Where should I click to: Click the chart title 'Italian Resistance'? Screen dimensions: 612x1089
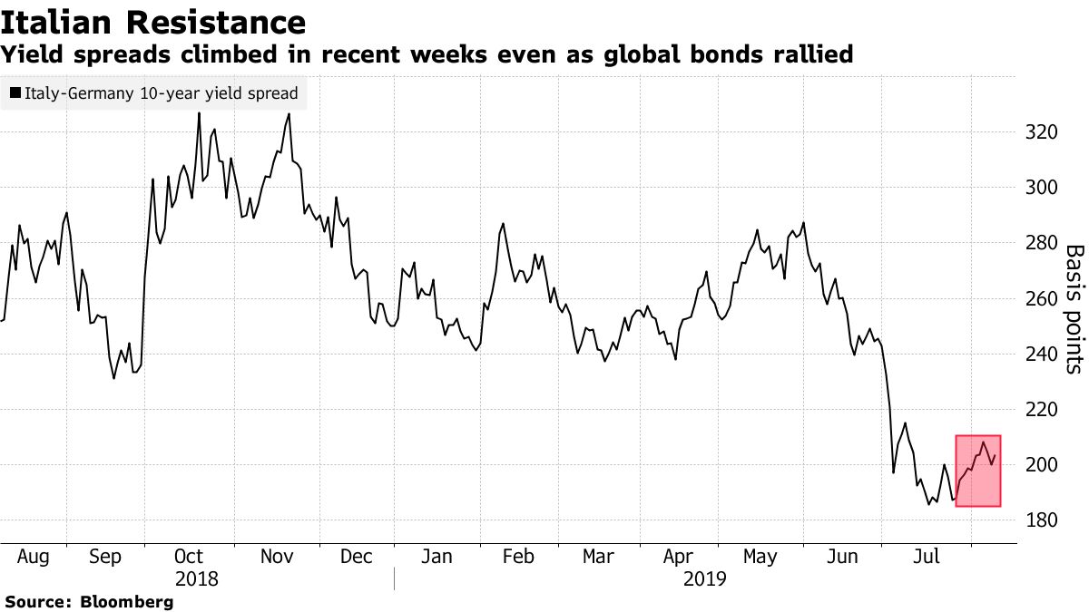pos(153,21)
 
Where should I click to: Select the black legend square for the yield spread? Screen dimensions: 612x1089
pos(15,92)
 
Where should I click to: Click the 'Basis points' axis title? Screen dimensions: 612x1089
pos(1074,309)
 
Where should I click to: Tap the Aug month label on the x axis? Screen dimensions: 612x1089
pos(33,556)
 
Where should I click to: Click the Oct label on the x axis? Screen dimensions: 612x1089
pos(188,556)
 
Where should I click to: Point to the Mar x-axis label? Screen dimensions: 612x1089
pos(598,556)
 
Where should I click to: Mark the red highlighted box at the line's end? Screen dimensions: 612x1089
pos(977,471)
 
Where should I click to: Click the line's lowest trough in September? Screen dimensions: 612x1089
pos(113,378)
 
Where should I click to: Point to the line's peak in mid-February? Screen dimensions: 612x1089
pos(503,223)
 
